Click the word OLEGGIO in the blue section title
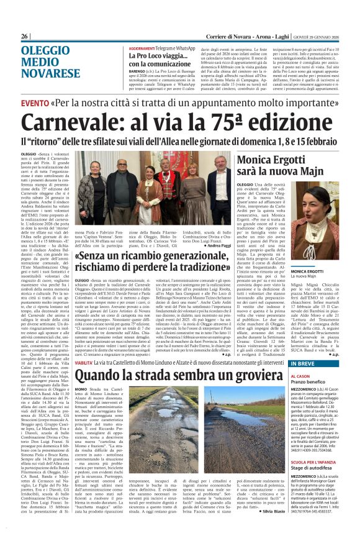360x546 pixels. point(45,52)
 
